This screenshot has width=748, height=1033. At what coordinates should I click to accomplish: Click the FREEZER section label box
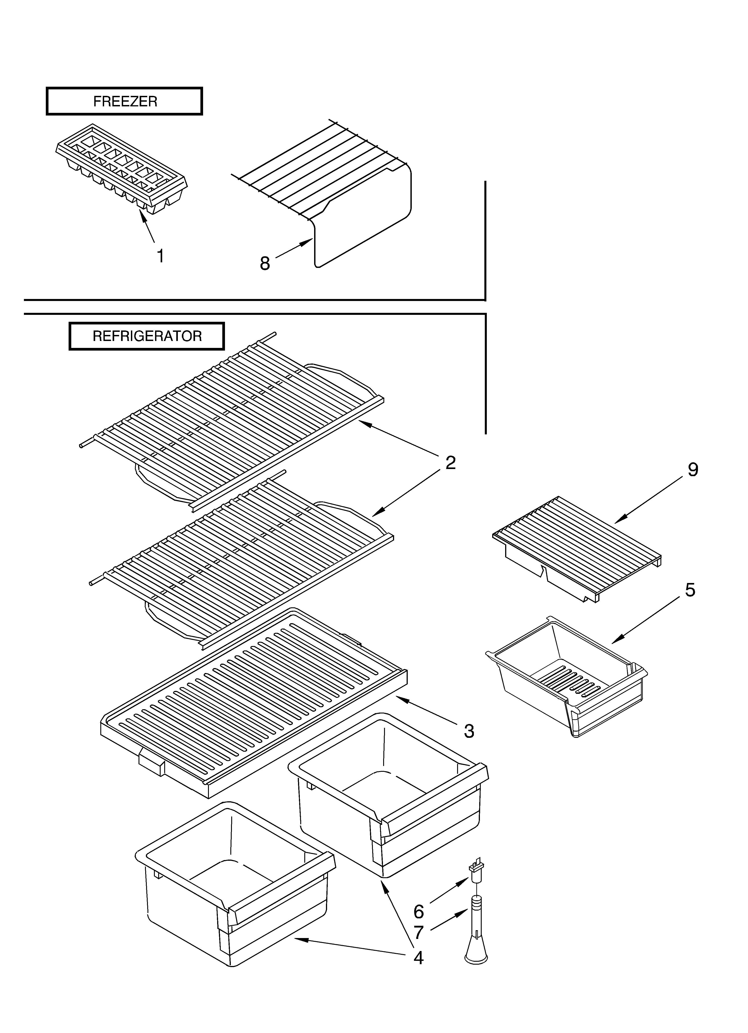coord(124,101)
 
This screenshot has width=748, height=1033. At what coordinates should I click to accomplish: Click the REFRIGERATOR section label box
coord(147,336)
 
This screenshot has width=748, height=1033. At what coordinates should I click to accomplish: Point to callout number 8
coord(265,263)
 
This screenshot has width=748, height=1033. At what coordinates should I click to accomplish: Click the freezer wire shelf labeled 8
coord(346,196)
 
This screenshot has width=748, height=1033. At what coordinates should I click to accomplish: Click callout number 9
coord(692,470)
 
